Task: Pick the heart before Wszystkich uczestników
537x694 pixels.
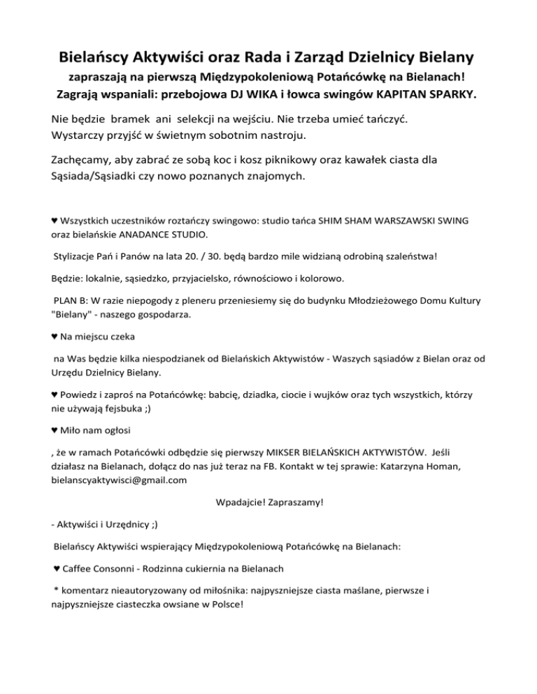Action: pos(55,221)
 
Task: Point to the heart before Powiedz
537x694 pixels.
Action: pos(55,395)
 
